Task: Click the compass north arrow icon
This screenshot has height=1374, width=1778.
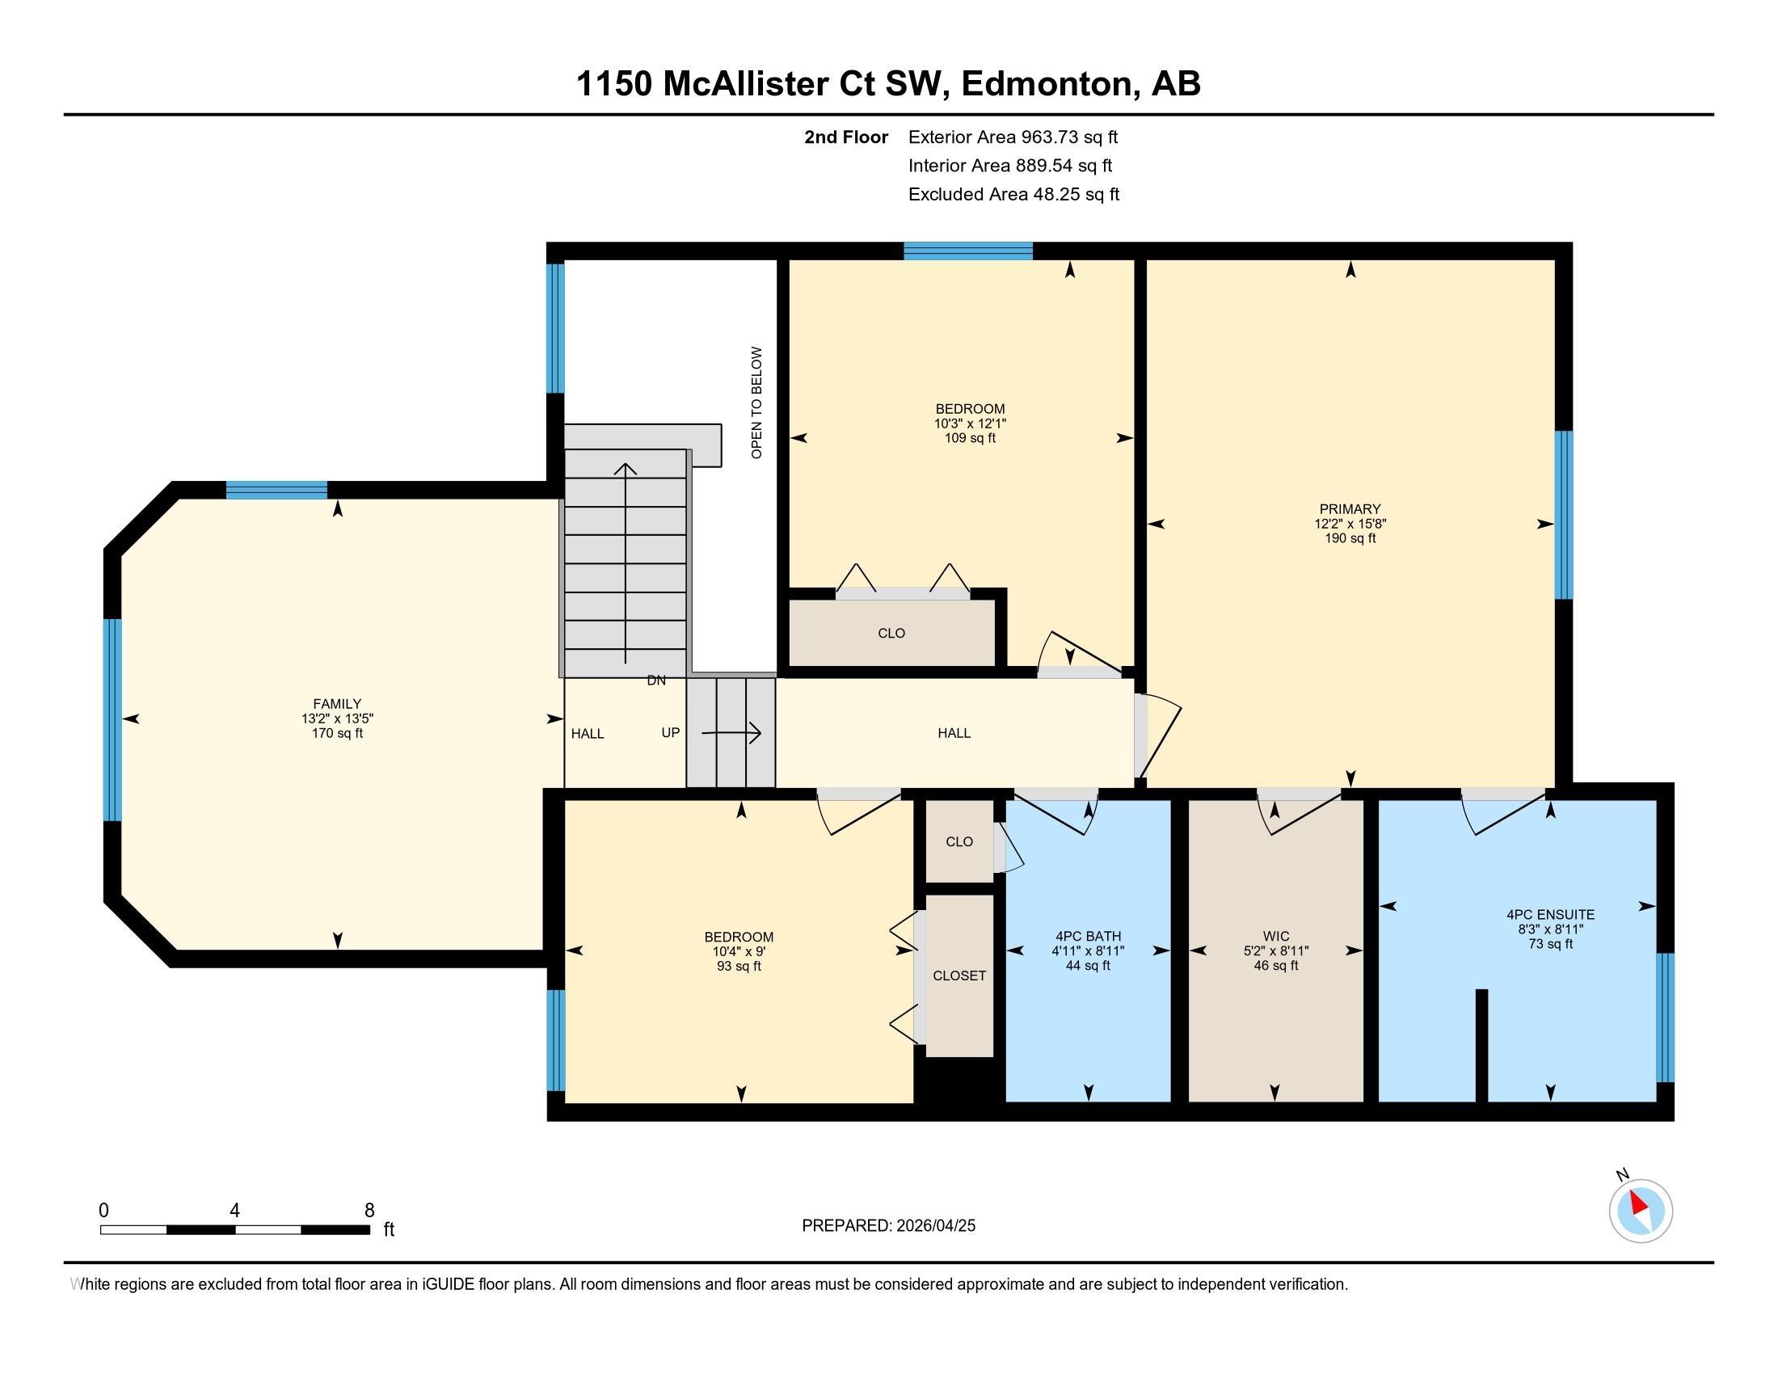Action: [x=1641, y=1210]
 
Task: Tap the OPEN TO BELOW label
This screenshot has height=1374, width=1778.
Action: [x=757, y=403]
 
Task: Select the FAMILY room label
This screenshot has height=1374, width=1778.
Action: [x=337, y=704]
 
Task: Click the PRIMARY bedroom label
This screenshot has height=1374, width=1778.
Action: [x=1350, y=509]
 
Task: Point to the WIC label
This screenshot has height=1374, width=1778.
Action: [x=1275, y=936]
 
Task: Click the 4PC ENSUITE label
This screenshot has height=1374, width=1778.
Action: [x=1550, y=915]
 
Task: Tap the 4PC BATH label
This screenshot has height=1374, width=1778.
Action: [x=1088, y=936]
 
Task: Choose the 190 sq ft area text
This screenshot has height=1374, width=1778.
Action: [x=1350, y=539]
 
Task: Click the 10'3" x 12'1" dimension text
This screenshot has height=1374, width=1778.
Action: [x=970, y=424]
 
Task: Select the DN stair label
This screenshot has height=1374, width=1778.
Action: [x=656, y=681]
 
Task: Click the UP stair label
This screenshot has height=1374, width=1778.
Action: [x=670, y=732]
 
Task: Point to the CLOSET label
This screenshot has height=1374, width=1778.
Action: [x=960, y=976]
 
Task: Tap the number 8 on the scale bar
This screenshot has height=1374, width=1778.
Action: [x=369, y=1211]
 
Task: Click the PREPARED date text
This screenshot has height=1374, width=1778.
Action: [x=888, y=1226]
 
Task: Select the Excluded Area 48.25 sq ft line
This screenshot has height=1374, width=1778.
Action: [x=1013, y=195]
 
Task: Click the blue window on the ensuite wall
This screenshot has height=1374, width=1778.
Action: [x=1666, y=1018]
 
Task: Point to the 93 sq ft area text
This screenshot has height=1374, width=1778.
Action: [x=739, y=966]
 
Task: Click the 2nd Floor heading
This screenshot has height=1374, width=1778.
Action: [x=846, y=137]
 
